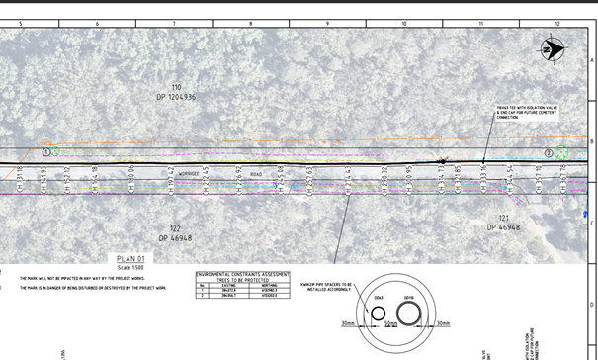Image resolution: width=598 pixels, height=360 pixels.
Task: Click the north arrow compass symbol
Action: pyautogui.click(x=551, y=46)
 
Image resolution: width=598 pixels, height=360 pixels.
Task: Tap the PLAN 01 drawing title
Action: pyautogui.click(x=130, y=259)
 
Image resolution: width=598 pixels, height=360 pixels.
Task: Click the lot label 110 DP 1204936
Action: pyautogui.click(x=176, y=93)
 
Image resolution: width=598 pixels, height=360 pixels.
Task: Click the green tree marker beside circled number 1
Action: pyautogui.click(x=56, y=151)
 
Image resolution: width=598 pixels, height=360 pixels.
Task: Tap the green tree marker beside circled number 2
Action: pyautogui.click(x=561, y=152)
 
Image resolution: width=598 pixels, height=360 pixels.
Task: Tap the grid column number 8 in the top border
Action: pyautogui.click(x=250, y=22)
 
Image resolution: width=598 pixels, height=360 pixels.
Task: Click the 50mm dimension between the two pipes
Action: pyautogui.click(x=390, y=323)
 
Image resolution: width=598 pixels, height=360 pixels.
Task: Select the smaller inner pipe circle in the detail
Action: pyautogui.click(x=378, y=315)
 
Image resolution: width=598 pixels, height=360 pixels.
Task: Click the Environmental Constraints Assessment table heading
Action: pyautogui.click(x=243, y=274)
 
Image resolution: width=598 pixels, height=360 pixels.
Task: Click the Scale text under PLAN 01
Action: pyautogui.click(x=130, y=268)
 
